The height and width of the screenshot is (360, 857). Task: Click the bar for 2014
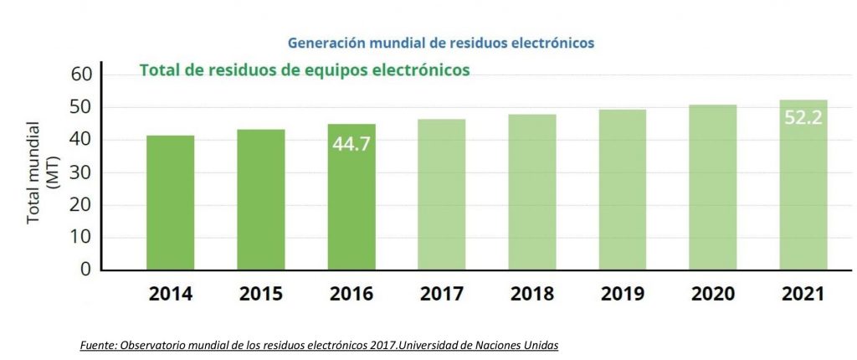171,203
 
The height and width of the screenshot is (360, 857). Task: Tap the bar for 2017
442,194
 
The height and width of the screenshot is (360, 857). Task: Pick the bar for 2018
532,192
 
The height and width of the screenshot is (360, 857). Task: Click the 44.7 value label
352,144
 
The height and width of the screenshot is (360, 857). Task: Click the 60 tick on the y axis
80,75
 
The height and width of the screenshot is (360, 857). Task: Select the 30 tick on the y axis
80,172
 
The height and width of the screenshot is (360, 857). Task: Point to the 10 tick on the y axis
80,237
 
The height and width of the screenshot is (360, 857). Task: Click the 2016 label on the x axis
352,294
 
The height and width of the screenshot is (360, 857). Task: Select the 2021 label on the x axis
803,294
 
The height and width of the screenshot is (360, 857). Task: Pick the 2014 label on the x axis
171,294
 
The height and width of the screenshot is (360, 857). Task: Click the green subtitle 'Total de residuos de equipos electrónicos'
304,70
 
